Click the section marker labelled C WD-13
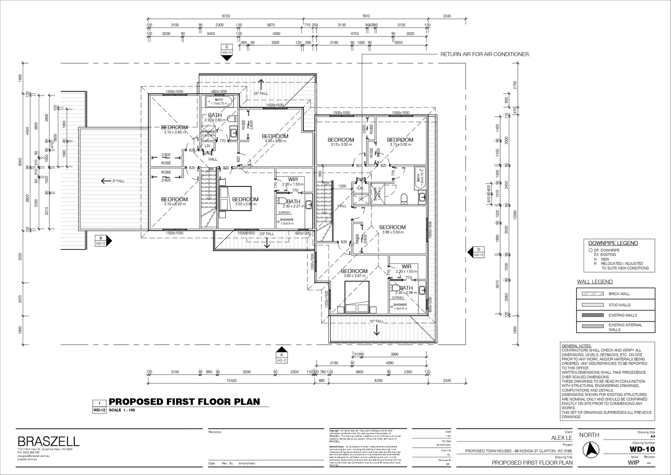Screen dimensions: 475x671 (227, 50)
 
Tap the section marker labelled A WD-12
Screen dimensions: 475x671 (281, 357)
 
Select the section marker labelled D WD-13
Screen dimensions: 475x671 (478, 252)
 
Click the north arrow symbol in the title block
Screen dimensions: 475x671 (590, 449)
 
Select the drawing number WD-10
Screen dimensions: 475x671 (642, 449)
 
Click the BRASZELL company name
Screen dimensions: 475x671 (48, 441)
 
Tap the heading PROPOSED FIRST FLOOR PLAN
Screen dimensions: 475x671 (184, 402)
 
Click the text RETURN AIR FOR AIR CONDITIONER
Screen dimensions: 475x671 (485, 55)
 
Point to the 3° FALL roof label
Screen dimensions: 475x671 (115, 181)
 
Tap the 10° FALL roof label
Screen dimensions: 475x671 (376, 322)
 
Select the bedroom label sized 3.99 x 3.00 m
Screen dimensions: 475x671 (392, 229)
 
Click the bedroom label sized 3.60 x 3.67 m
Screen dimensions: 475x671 (354, 273)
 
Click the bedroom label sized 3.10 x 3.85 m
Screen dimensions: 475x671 (174, 129)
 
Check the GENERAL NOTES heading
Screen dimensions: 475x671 (577, 346)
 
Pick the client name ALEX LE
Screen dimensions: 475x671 (562, 438)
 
